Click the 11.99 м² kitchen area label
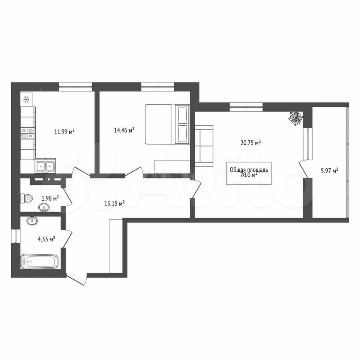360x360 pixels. tap(64, 132)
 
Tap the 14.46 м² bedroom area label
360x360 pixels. tap(124, 130)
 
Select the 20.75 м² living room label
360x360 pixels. tap(250, 143)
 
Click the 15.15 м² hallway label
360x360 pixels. tap(115, 203)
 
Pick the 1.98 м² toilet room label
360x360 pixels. tap(50, 198)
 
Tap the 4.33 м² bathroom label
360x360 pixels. tap(46, 239)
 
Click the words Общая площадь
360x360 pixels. tap(249, 170)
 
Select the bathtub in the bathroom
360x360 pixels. tap(39, 261)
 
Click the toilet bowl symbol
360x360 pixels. tap(27, 198)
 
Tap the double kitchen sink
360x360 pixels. tap(45, 165)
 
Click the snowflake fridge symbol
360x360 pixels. tap(26, 99)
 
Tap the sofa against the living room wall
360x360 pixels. tap(204, 146)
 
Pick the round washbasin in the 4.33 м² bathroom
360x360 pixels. tap(32, 221)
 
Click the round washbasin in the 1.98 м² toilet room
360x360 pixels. tap(43, 208)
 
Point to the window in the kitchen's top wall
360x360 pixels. tap(75, 87)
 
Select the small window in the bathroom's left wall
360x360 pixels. tap(16, 236)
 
